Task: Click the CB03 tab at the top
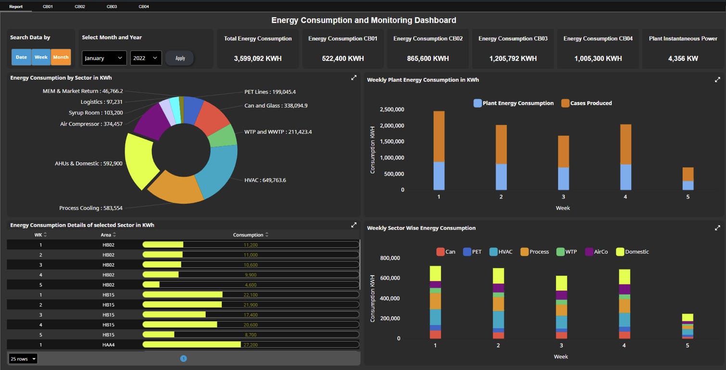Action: point(112,7)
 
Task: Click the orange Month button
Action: point(61,57)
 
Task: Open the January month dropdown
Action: point(104,58)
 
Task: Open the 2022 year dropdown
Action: point(146,58)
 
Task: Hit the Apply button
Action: point(180,58)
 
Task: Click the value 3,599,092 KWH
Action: point(258,59)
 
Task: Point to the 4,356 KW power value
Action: point(683,59)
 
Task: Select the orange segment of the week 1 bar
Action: point(439,136)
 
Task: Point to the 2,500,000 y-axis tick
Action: point(392,110)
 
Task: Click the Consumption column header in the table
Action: point(248,235)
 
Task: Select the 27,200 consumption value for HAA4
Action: point(250,345)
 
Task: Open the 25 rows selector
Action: point(23,359)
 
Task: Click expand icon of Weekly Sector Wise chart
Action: point(717,228)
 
